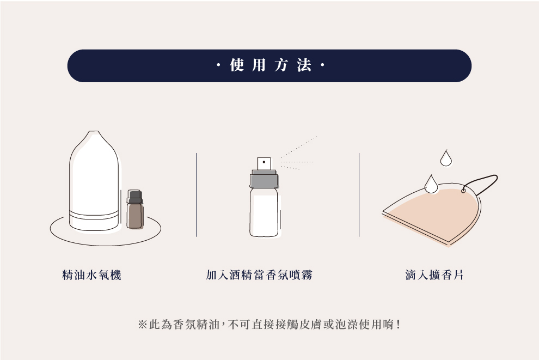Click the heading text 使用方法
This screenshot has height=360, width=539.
coord(271,65)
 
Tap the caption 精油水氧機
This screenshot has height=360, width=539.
coord(92,275)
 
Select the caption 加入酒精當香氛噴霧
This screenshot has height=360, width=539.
coord(259,275)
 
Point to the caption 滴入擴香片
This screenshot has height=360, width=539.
coord(434,275)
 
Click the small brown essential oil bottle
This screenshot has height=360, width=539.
coord(135,209)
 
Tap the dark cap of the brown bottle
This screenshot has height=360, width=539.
coord(135,196)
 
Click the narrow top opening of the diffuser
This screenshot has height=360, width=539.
coord(94,132)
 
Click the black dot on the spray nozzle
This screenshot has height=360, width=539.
coord(264,162)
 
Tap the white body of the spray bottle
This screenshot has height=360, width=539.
coord(264,212)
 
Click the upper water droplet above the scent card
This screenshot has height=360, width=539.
coord(446,158)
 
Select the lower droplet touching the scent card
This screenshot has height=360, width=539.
coord(431,184)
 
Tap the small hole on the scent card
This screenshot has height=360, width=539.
coord(463,190)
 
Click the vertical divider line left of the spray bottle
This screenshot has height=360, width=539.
coord(197,195)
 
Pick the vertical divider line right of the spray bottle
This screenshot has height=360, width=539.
coord(359,195)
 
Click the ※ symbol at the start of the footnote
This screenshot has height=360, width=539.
coord(142,324)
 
